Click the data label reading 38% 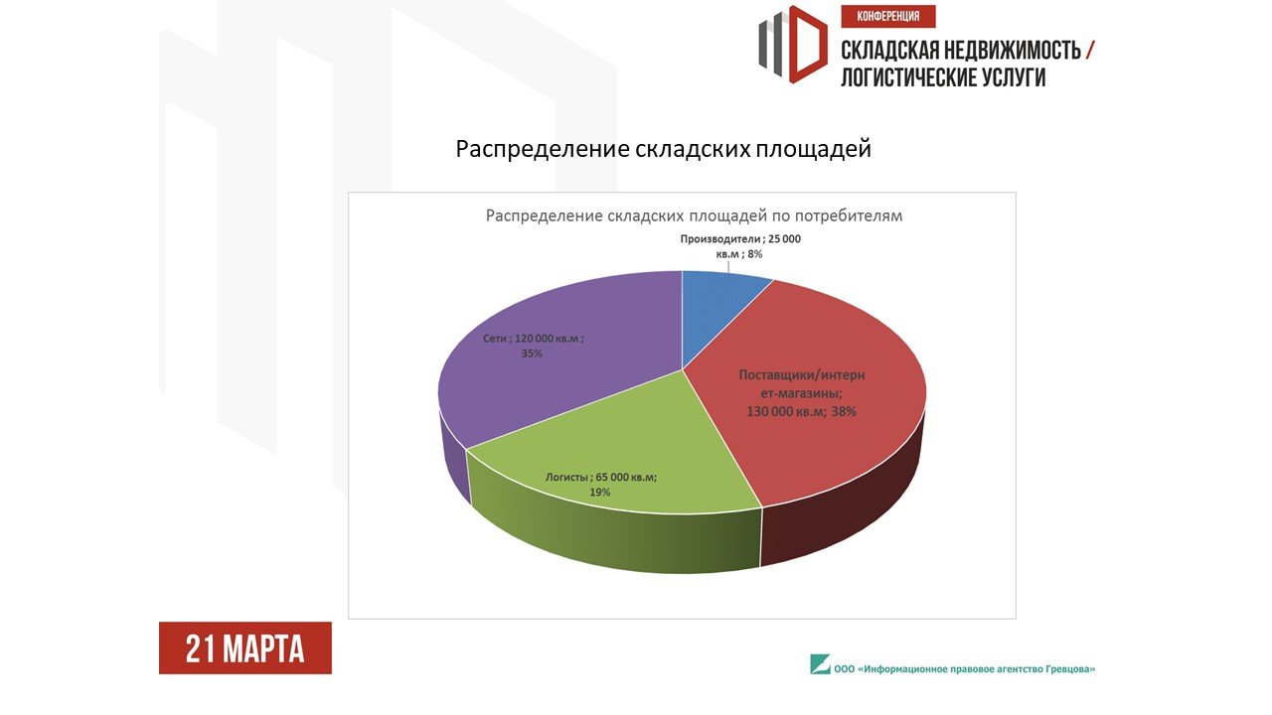[844, 411]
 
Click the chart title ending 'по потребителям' [694, 215]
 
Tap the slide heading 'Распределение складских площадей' [663, 149]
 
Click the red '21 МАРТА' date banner [245, 648]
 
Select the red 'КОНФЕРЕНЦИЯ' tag [888, 17]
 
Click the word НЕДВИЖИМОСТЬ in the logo [1012, 51]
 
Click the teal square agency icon [820, 664]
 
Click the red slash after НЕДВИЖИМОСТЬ [1090, 50]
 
